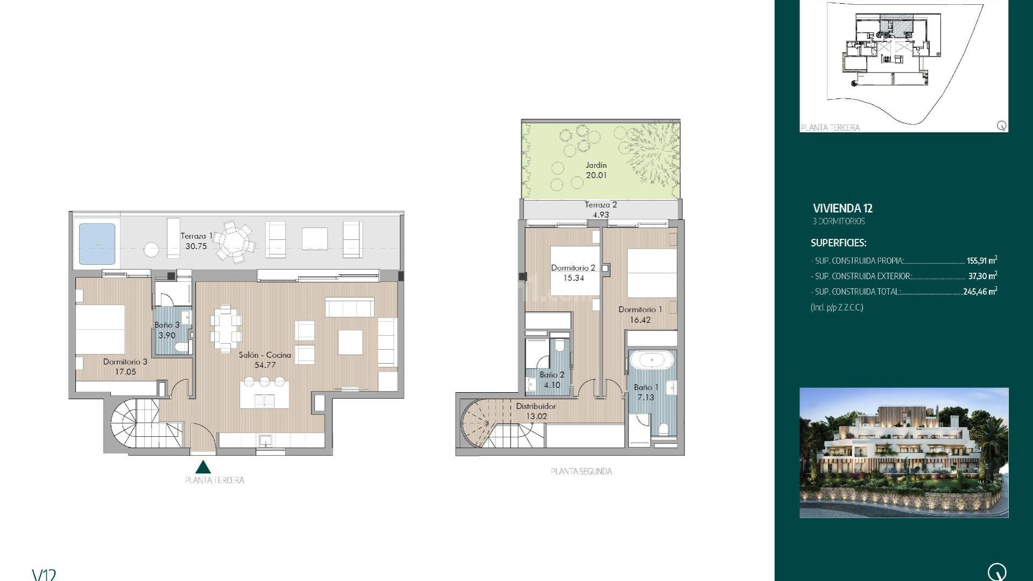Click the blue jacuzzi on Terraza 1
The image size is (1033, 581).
point(97,244)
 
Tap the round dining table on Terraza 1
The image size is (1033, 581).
point(234,242)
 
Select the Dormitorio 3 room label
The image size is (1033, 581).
point(125,362)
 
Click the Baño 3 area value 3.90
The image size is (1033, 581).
point(167,335)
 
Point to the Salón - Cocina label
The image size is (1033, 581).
point(265,355)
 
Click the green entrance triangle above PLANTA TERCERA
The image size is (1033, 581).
point(203,467)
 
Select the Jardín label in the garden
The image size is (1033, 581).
point(596,165)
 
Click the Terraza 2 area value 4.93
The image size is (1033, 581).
point(600,215)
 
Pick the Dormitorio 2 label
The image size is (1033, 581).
point(573,268)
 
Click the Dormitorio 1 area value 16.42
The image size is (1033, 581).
point(640,320)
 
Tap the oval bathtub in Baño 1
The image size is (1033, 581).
point(652,359)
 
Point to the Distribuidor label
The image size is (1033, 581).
point(536,406)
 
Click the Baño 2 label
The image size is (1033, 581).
point(551,375)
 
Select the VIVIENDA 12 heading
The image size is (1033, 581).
point(843,208)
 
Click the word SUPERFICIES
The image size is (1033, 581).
point(838,243)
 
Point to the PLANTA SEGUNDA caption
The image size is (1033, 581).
point(581,471)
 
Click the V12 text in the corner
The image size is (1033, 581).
point(44,575)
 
